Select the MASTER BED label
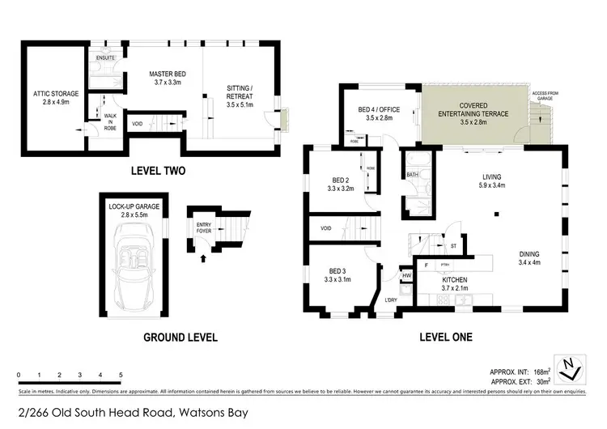pyautogui.click(x=168, y=78)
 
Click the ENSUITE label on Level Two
pyautogui.click(x=106, y=59)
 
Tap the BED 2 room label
pyautogui.click(x=340, y=184)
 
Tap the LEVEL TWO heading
pyautogui.click(x=159, y=171)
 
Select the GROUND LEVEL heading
pyautogui.click(x=180, y=337)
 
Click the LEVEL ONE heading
pyautogui.click(x=445, y=337)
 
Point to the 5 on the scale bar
pyautogui.click(x=121, y=376)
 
